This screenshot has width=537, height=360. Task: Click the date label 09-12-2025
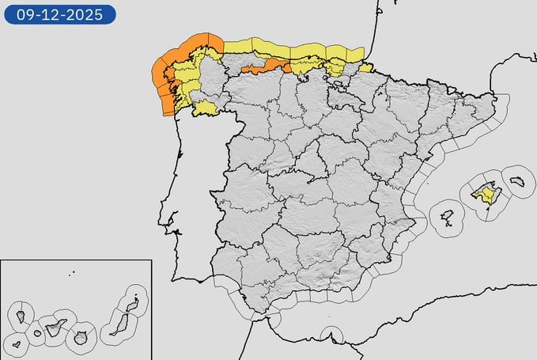pos(59,14)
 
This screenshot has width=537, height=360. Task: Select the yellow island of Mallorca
pos(486,193)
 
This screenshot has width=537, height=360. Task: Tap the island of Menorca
pos(519,181)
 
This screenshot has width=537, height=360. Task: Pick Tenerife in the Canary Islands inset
pos(55,327)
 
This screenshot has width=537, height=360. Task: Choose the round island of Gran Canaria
pos(80,339)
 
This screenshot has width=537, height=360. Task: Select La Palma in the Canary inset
pos(21,316)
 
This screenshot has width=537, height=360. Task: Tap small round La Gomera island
pos(37,333)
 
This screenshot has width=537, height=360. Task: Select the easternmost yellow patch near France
pos(365,67)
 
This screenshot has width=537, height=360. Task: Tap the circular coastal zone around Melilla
pos(331,336)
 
